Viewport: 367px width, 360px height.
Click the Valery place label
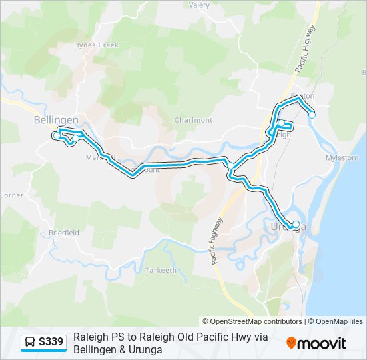(199, 5)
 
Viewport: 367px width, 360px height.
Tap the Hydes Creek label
(96, 45)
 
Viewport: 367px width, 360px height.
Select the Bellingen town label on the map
(56, 120)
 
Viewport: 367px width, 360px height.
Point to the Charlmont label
(194, 121)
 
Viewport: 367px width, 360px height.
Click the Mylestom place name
(342, 158)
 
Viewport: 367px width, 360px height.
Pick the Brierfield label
(64, 233)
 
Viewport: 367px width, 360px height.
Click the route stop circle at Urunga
(296, 225)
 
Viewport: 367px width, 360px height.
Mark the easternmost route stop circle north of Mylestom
(312, 115)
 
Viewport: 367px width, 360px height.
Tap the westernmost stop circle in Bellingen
(55, 135)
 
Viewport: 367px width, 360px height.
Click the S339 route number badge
(51, 343)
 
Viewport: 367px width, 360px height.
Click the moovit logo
(316, 343)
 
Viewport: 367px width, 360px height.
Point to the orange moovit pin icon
(291, 343)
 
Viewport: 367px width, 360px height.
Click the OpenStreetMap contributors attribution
(252, 321)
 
